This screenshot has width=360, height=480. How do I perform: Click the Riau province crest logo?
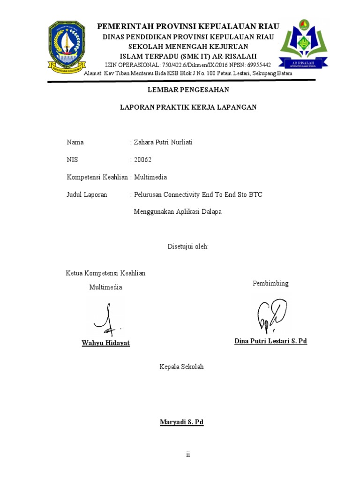tap(67, 46)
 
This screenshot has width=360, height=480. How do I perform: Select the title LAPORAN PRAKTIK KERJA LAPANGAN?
tap(188, 107)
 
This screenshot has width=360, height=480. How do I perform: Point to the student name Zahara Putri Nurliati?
tap(163, 142)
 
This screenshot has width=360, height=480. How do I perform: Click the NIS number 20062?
tap(143, 160)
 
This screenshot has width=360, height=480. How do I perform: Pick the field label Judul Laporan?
tap(87, 195)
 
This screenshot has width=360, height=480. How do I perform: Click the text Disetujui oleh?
tap(188, 247)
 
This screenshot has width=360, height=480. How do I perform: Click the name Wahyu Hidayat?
tap(106, 343)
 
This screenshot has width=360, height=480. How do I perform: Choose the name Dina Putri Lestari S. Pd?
tap(270, 341)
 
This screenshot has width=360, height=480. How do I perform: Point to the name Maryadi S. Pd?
tap(182, 422)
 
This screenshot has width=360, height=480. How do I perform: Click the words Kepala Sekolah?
tap(182, 367)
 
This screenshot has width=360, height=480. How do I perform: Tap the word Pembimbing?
tap(270, 283)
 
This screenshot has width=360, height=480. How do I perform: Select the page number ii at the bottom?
tap(188, 455)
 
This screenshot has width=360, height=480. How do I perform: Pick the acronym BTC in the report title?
tap(255, 195)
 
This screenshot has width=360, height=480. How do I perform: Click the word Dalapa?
tap(211, 211)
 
